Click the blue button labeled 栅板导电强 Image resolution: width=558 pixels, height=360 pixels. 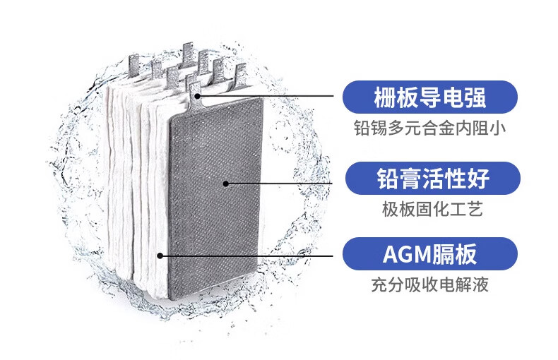click(x=429, y=97)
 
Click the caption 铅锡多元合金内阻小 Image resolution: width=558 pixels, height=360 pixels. click(x=429, y=129)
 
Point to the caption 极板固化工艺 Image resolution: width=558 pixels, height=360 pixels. click(x=429, y=210)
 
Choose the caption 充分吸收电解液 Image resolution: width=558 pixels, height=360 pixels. click(x=429, y=286)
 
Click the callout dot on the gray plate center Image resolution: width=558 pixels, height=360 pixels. click(x=225, y=184)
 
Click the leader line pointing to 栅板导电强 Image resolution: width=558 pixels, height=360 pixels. click(x=268, y=95)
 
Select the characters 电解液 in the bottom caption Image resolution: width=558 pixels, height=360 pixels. click(x=464, y=286)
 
